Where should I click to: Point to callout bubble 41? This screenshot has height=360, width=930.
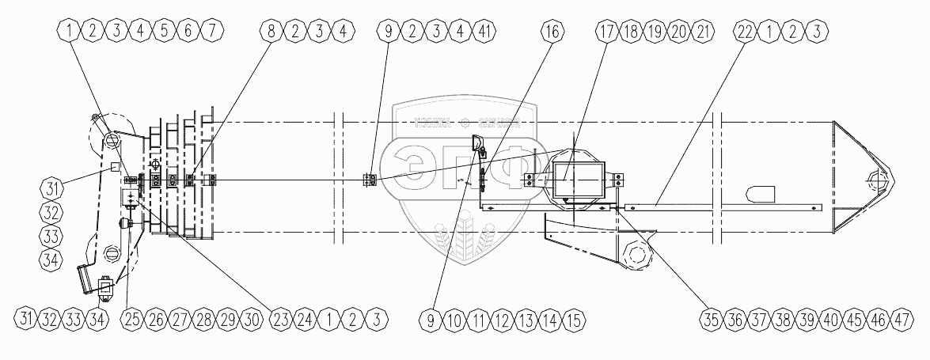486,32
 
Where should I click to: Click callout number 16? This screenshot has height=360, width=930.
553,32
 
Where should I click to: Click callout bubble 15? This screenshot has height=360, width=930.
575,320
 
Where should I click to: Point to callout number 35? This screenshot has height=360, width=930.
712,320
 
